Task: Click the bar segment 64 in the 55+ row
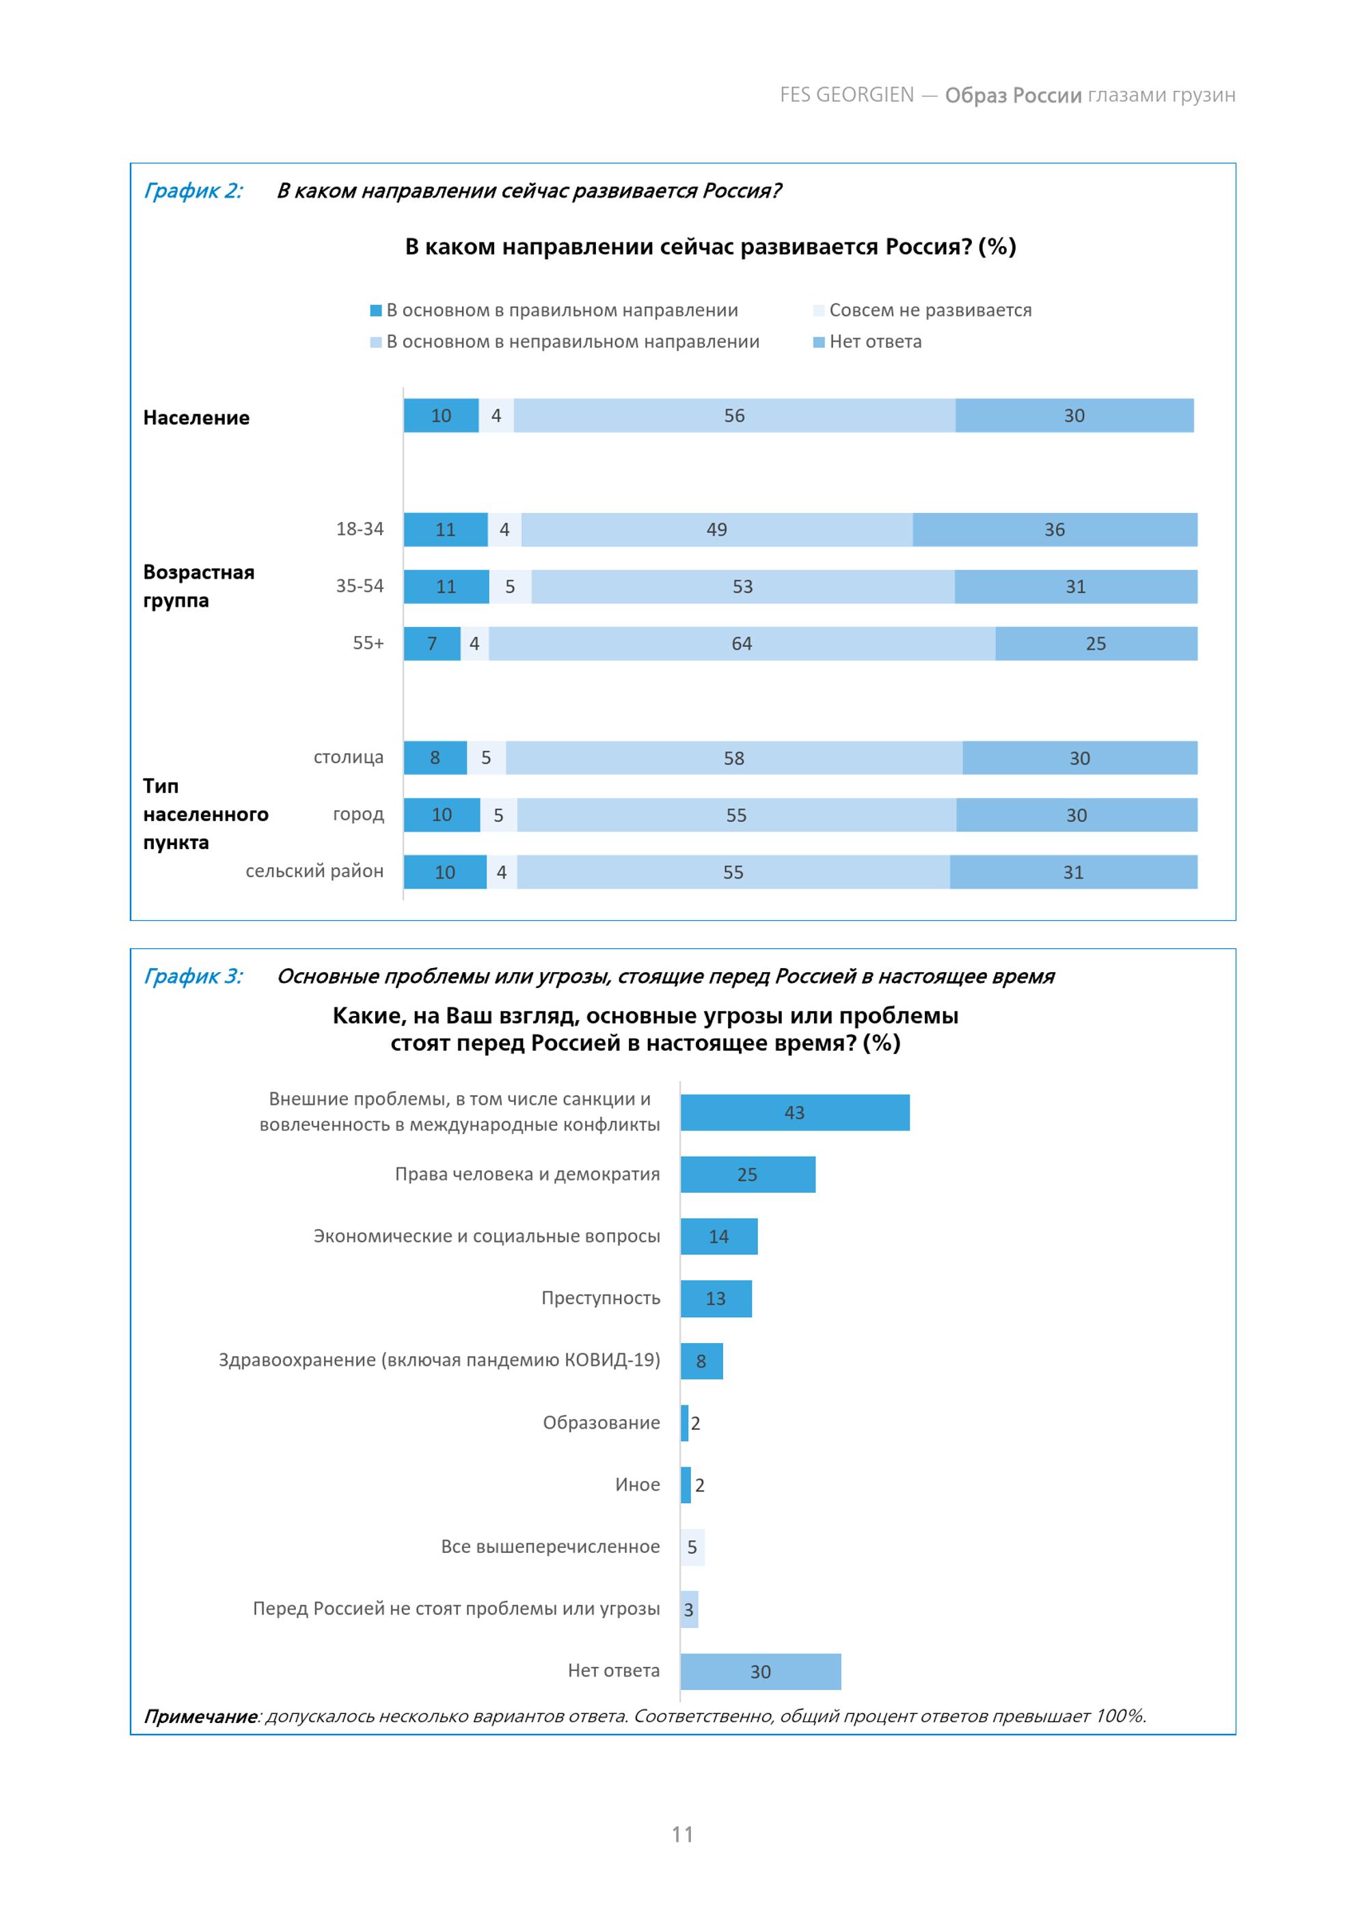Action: (x=742, y=644)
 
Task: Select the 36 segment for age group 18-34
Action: (x=1055, y=529)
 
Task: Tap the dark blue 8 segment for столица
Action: (x=435, y=758)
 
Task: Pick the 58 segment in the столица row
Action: (x=734, y=758)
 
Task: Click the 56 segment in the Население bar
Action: (x=734, y=415)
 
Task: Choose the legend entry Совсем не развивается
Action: (x=923, y=310)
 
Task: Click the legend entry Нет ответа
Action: (x=868, y=342)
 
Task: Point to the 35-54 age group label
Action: (x=360, y=585)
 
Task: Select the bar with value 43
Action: (x=795, y=1112)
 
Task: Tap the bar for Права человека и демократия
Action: (x=748, y=1174)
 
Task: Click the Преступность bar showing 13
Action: (x=716, y=1299)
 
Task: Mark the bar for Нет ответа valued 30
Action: (x=760, y=1671)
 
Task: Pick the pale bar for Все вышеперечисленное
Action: (x=692, y=1547)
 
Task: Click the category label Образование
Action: (x=601, y=1423)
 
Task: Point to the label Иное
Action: (x=637, y=1485)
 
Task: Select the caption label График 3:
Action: (x=193, y=976)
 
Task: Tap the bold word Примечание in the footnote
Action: (x=200, y=1717)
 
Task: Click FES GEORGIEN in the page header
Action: (x=847, y=95)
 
